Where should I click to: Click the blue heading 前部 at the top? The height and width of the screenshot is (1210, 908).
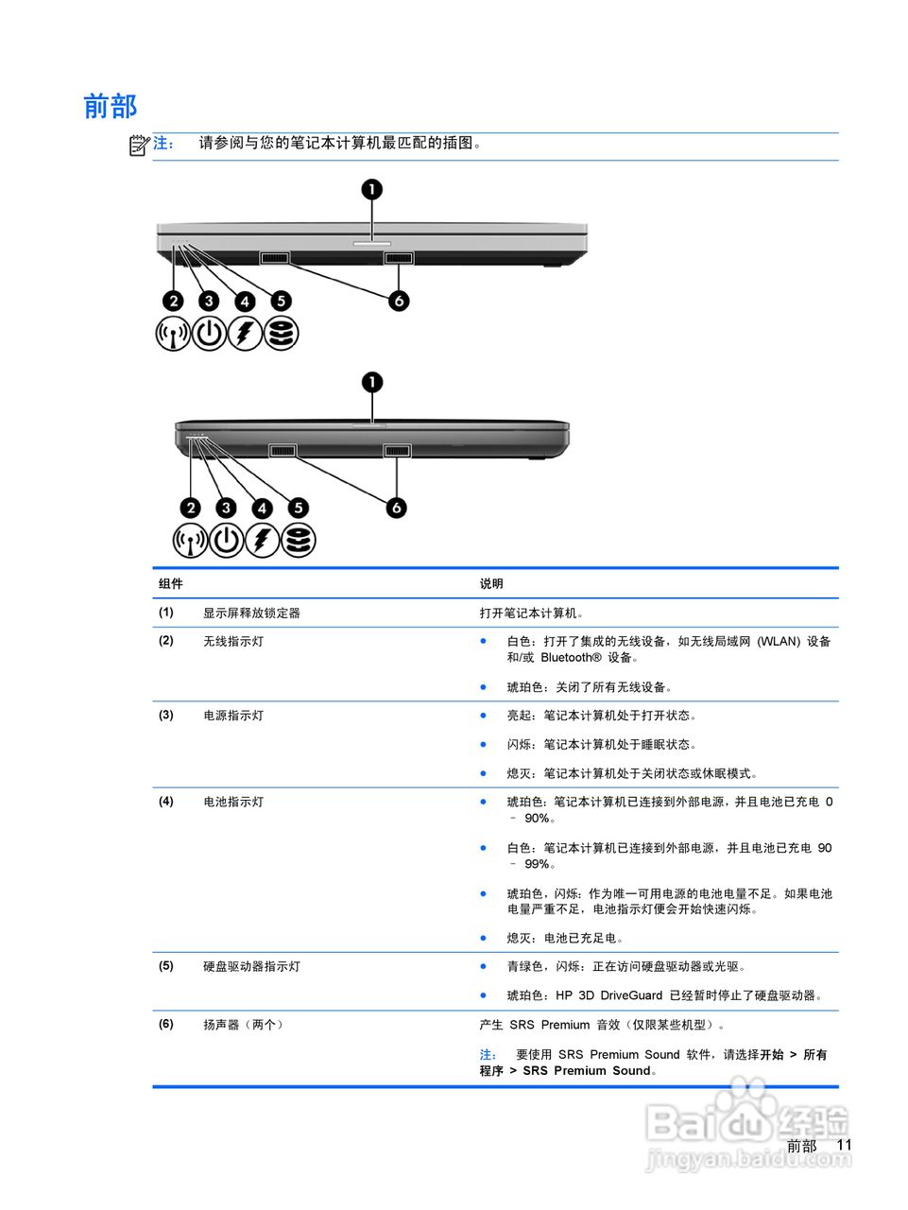point(111,106)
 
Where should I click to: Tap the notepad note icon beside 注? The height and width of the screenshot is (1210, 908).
point(139,145)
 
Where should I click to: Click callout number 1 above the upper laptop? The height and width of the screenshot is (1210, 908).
point(373,189)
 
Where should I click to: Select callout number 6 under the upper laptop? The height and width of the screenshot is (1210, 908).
point(400,301)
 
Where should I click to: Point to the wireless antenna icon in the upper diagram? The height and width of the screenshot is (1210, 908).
point(173,333)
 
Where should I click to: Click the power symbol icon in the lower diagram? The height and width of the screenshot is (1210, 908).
point(227,541)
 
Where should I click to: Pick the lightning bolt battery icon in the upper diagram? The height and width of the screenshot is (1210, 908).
point(245,333)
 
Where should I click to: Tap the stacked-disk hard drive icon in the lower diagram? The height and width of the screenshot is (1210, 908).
point(299,541)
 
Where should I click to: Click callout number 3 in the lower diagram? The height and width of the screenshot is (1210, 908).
point(226,508)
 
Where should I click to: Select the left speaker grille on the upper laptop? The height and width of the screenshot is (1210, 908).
point(275,258)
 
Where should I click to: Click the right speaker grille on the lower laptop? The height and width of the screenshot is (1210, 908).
point(397,451)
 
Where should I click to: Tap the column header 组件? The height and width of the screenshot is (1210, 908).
point(171,583)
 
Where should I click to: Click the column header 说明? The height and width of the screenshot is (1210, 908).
point(491,583)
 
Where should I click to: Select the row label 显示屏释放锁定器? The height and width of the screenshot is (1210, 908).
point(251,613)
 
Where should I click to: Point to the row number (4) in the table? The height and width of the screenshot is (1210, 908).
point(166,802)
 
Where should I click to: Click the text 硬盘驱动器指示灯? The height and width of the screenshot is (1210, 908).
point(251,966)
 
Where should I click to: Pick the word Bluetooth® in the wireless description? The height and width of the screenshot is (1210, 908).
point(571,657)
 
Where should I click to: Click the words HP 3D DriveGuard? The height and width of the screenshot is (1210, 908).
point(608,995)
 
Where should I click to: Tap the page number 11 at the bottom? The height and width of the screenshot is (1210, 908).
point(844,1145)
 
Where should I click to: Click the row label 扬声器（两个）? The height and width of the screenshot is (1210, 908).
point(245,1025)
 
